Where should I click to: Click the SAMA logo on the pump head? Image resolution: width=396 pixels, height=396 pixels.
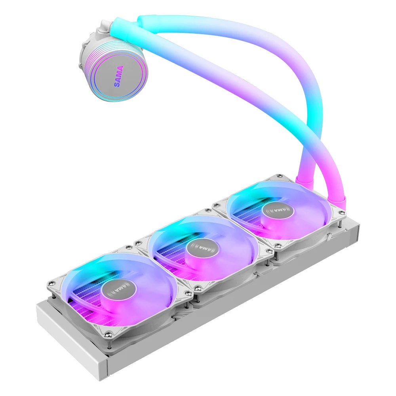tap(118, 76)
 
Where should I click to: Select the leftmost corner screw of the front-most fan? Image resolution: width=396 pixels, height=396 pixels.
tap(50, 282)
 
